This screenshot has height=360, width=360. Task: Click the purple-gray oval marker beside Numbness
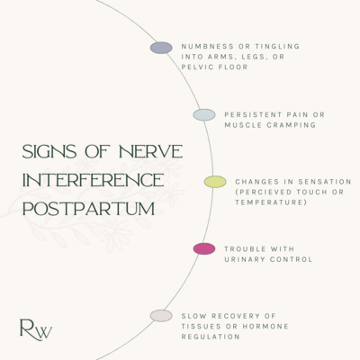(161, 48)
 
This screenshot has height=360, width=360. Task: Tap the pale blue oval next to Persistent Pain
(204, 115)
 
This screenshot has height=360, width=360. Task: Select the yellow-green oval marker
(215, 182)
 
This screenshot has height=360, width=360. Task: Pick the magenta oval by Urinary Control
(204, 249)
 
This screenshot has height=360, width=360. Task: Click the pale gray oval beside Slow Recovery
(161, 316)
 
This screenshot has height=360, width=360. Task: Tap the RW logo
(36, 330)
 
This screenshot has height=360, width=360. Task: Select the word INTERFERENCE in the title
(94, 180)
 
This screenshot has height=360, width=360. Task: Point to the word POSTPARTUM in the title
(89, 209)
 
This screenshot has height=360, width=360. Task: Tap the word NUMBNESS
(208, 47)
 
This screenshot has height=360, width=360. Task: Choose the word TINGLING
(277, 47)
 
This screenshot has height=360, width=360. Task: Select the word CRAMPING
(292, 125)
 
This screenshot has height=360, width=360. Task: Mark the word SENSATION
(325, 182)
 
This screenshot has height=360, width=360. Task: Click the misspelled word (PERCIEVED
(264, 192)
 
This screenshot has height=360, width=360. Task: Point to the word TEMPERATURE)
(271, 202)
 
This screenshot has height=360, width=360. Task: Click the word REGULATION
(211, 337)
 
